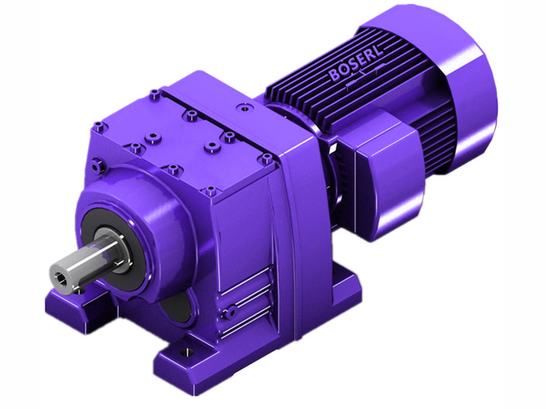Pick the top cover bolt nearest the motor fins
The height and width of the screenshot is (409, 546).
point(242,106)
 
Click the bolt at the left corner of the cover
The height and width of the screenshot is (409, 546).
point(100,125)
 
